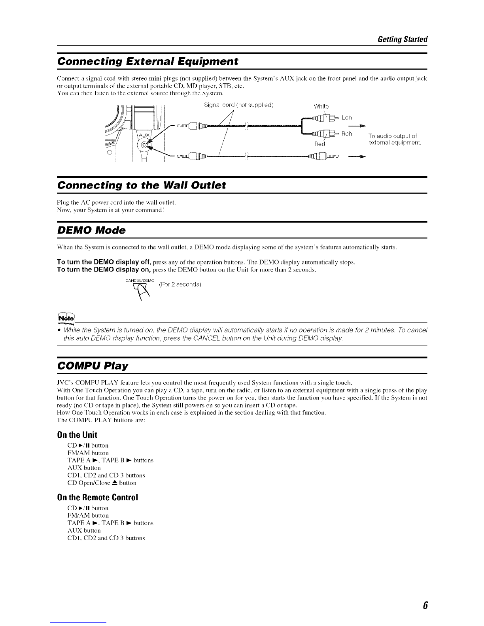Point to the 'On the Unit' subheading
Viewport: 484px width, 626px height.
coord(77,436)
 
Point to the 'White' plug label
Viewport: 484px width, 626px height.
coord(321,106)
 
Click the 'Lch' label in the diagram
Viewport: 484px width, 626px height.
coord(346,118)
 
